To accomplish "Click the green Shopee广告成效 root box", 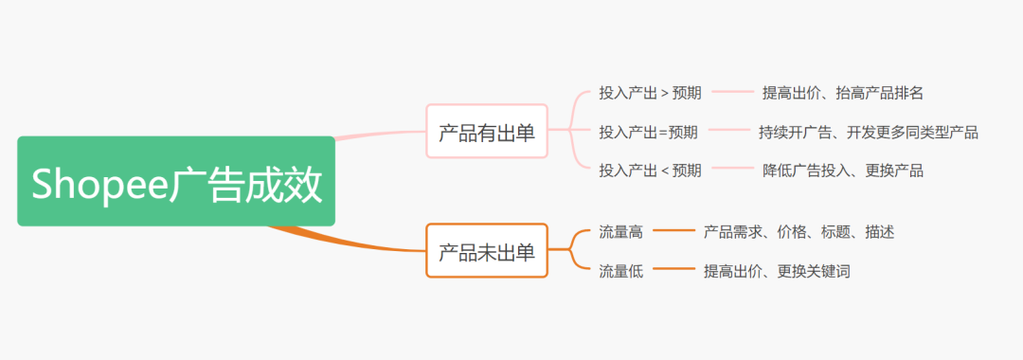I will click(176, 181).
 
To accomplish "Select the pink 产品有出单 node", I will click(487, 132).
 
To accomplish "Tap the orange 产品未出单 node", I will click(487, 251).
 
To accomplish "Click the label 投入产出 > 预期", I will click(650, 93).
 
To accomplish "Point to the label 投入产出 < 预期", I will click(650, 171).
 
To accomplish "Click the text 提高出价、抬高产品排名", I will click(842, 93).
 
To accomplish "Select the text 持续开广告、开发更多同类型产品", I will click(868, 132).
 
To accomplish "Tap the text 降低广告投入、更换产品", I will click(842, 171).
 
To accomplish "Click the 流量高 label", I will click(620, 231).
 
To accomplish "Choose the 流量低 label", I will click(620, 271).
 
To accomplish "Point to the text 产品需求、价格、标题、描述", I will click(799, 231).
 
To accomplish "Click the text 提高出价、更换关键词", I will click(776, 271).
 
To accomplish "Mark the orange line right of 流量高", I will click(673, 231).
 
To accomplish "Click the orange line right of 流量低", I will click(673, 271).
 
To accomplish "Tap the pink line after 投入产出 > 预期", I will click(732, 93).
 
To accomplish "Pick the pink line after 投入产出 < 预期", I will click(732, 171).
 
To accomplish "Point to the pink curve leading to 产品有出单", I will click(379, 134).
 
